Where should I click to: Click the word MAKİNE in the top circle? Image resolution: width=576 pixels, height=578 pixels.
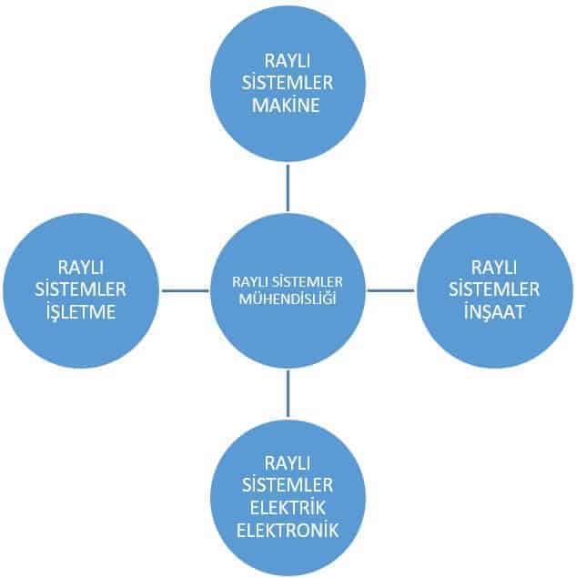tap(287, 106)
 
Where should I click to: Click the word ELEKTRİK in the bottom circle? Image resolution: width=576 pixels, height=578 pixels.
tap(287, 504)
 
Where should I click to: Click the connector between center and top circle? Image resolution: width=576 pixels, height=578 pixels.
tap(288, 189)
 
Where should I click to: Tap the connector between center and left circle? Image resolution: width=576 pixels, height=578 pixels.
tap(187, 290)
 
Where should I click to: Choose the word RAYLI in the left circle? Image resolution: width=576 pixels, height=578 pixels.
tap(79, 268)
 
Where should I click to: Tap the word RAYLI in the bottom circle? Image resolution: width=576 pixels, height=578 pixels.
tap(287, 461)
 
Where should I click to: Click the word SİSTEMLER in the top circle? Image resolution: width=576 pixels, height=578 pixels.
tap(287, 84)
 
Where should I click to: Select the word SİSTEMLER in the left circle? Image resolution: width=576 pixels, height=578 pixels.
tap(79, 289)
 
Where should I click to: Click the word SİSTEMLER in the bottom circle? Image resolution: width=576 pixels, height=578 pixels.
tap(287, 482)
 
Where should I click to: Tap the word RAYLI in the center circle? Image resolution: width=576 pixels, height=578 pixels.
tap(252, 282)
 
